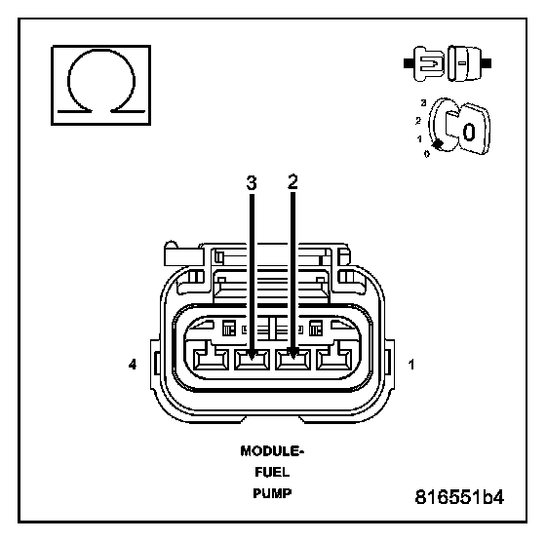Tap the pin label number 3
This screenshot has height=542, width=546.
pyautogui.click(x=252, y=183)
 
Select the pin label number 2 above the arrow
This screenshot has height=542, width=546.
pyautogui.click(x=292, y=181)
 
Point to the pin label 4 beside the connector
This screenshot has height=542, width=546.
pyautogui.click(x=133, y=365)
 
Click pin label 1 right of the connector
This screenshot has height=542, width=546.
pyautogui.click(x=411, y=365)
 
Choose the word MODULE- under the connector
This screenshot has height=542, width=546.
pyautogui.click(x=272, y=451)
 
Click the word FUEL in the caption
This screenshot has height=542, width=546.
pyautogui.click(x=272, y=473)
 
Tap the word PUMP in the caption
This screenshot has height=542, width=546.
pyautogui.click(x=272, y=493)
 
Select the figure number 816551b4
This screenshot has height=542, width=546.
pyautogui.click(x=459, y=497)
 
